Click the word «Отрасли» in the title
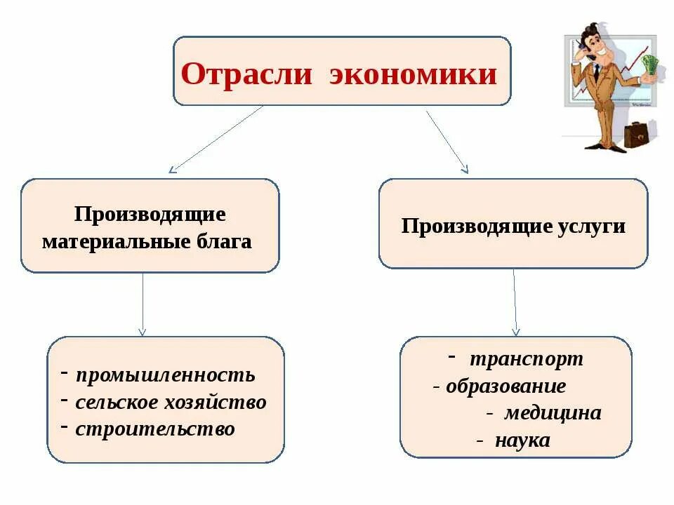pos(246,74)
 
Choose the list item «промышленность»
pos(165,375)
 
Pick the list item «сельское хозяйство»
pos(171,403)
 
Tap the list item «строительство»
pos(155,429)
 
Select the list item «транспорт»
pos(526,359)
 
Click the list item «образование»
pos(505,386)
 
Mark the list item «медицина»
pos(553,413)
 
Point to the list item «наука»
pos(522,441)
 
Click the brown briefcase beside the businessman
pos(637,134)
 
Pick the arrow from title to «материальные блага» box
pos(216,138)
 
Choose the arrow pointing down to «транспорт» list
pos(515,302)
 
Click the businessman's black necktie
pos(596,73)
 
